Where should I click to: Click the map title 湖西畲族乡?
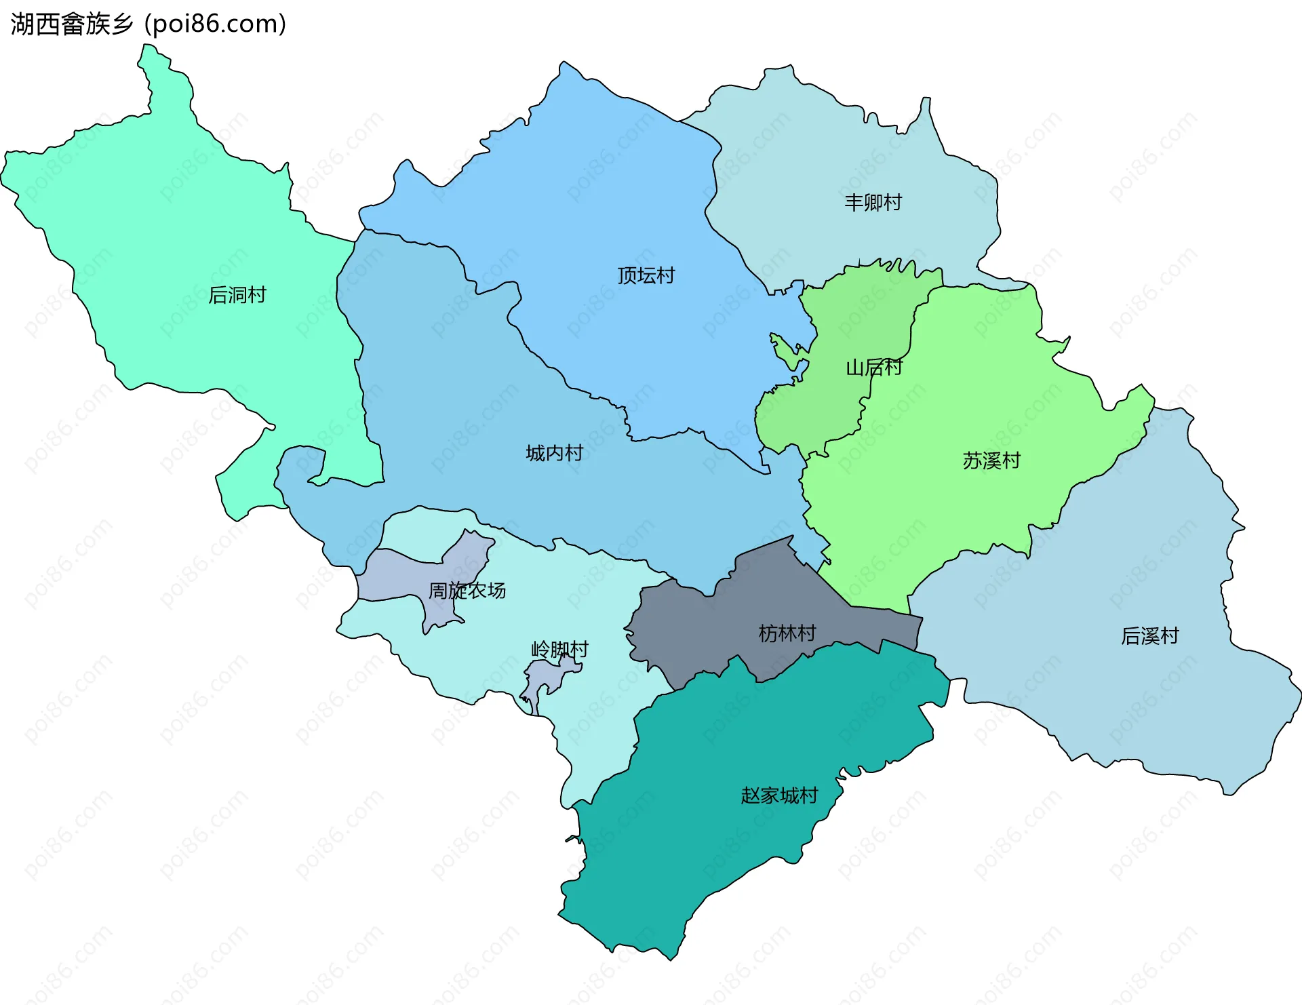(72, 24)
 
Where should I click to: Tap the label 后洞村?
(237, 295)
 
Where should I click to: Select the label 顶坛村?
(646, 275)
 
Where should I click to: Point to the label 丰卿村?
(873, 202)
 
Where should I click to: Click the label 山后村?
(873, 368)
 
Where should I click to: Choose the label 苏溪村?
(991, 460)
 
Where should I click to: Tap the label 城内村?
(554, 453)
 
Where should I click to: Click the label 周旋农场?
(467, 591)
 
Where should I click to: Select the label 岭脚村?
(559, 650)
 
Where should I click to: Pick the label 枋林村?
(787, 633)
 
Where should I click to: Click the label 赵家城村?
(779, 795)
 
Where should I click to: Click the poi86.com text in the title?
(216, 24)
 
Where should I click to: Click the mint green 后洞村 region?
(170, 224)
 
